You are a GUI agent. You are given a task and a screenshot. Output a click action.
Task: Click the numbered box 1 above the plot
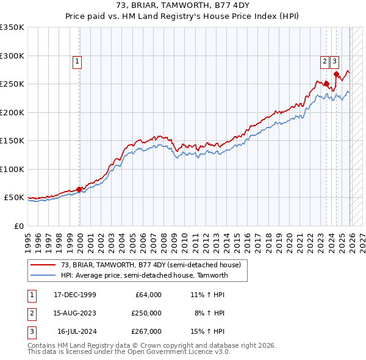pos(78,61)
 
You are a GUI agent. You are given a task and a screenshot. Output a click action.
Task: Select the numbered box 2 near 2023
pos(325,61)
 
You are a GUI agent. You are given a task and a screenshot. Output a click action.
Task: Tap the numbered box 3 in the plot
pos(335,61)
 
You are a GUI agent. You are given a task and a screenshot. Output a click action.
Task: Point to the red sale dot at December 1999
pos(79,189)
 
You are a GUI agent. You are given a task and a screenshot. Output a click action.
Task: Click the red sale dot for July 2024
pos(336,74)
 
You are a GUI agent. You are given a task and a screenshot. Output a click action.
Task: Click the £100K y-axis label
pos(12,169)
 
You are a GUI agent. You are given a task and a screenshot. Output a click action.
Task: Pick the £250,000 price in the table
pos(146,313)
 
